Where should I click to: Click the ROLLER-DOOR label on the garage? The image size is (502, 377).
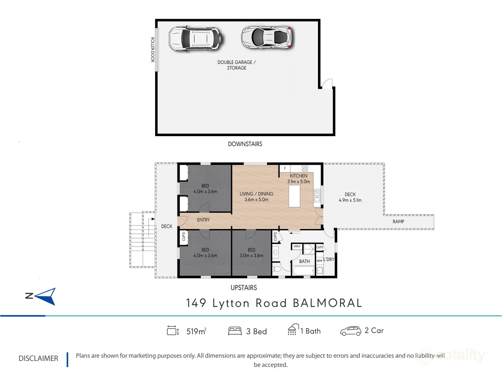tap(153, 50)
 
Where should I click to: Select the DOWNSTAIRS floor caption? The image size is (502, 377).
tap(245, 144)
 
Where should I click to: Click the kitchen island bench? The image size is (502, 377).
tap(294, 196)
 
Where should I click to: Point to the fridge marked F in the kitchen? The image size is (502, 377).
tap(285, 169)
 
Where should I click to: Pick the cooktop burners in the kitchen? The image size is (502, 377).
tap(305, 169)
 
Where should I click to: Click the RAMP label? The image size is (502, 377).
tap(398, 222)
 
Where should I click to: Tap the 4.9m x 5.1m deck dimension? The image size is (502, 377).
tap(350, 200)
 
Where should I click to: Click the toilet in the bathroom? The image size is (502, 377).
tap(277, 269)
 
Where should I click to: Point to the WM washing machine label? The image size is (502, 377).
tap(319, 261)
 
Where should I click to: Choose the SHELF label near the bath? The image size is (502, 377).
tap(297, 246)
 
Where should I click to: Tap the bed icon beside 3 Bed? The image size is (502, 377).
tap(235, 331)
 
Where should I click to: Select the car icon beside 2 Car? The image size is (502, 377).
tap(351, 331)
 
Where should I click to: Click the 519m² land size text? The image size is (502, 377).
tap(197, 331)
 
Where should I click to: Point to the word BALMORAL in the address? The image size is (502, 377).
tap(327, 303)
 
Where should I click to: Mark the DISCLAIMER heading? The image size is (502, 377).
tap(38, 358)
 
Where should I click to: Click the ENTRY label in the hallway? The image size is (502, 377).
tap(203, 220)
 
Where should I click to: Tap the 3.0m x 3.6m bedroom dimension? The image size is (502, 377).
tap(251, 256)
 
